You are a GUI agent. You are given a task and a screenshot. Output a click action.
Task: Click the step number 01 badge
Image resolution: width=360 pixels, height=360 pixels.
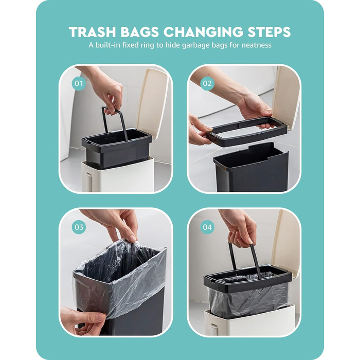tap(79, 83)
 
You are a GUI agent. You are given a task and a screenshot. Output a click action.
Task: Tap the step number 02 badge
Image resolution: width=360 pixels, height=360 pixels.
tap(207, 83)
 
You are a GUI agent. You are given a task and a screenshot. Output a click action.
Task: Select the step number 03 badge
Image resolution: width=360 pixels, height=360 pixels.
tap(79, 227)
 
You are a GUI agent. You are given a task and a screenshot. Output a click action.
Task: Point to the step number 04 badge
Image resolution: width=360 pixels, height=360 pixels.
tap(207, 227)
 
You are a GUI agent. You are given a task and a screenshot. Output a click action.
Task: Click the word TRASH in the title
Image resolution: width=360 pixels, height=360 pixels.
tap(92, 32)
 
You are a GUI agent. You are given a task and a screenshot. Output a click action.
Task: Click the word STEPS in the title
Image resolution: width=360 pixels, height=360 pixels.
tap(269, 32)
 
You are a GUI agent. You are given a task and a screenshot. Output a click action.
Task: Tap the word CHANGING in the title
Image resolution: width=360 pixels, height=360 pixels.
tap(203, 32)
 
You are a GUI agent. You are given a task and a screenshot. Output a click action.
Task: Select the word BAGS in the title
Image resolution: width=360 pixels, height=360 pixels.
tap(139, 32)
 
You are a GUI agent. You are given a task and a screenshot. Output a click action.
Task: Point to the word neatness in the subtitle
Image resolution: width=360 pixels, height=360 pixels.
tap(256, 45)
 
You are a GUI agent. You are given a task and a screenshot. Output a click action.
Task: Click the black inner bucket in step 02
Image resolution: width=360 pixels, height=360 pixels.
tap(251, 168)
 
